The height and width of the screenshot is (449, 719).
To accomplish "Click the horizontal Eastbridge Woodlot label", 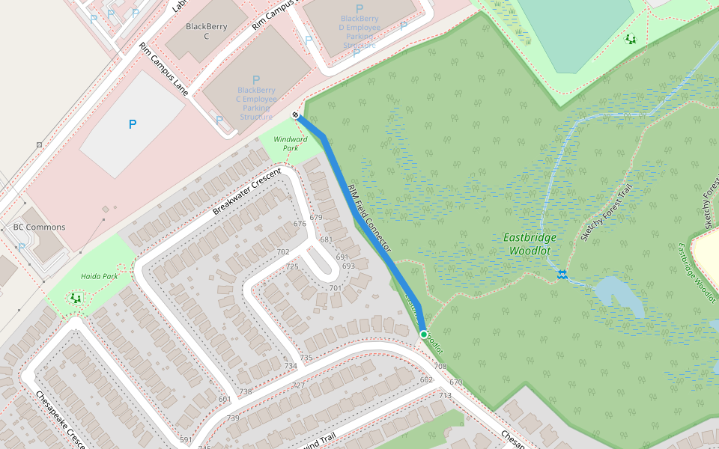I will [529, 244].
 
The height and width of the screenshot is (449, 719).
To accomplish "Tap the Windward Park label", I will [290, 144].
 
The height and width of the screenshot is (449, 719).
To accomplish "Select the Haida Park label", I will [100, 276].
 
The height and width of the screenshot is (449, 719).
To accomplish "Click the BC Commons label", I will [39, 227].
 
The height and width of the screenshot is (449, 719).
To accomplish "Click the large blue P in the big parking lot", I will [133, 124].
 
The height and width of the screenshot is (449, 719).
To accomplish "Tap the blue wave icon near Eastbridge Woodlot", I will [562, 275].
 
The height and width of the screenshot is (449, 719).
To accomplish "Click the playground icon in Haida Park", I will [76, 298].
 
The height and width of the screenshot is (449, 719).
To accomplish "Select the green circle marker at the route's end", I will [424, 335].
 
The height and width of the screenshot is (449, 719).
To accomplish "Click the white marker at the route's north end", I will [296, 114].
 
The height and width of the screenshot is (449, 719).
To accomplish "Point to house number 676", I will [300, 224].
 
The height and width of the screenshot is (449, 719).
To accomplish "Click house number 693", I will [348, 266].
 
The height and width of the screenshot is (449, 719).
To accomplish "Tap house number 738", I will [245, 391].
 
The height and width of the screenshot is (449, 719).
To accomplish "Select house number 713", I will [445, 395].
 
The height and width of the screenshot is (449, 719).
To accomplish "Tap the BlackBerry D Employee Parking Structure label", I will [360, 28].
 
